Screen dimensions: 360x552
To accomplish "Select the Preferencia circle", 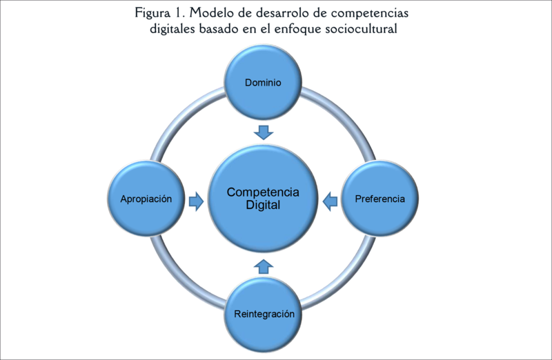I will pos(379,199).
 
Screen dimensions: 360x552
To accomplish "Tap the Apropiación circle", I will pos(147,199).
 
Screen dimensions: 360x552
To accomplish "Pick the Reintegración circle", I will pos(264,314).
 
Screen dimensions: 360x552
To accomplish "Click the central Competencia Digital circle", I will pos(264,199).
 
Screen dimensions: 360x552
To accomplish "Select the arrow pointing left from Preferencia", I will pos(331,200).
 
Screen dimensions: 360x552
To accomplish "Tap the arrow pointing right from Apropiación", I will pos(197,200).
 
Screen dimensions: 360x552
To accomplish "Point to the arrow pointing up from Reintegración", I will pos(264,266).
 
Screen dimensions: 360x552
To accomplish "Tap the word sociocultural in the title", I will pos(364,30).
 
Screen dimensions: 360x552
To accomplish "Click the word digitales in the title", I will pos(174,30).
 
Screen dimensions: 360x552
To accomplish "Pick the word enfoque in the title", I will pos(303,30).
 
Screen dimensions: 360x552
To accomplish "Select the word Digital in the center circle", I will pos(264,206).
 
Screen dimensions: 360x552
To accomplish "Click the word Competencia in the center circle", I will pos(264,192).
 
